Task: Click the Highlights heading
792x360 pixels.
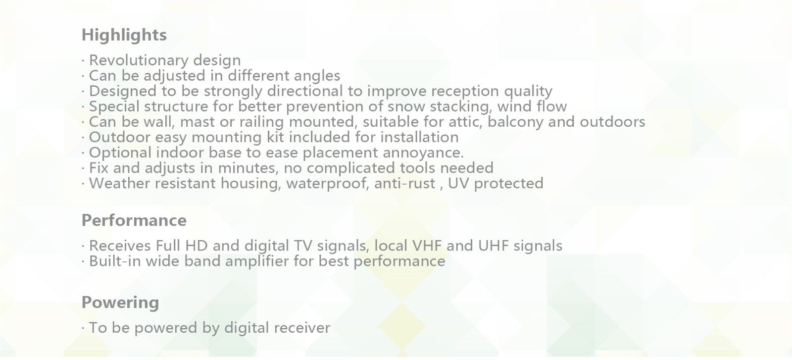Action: click(x=124, y=35)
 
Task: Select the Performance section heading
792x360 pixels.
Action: click(x=134, y=220)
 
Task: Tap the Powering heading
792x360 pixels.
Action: click(x=120, y=303)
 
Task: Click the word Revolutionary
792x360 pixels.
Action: click(x=139, y=60)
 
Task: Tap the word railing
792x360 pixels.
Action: click(x=262, y=122)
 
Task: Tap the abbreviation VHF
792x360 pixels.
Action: click(x=427, y=246)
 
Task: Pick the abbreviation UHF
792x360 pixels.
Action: click(x=493, y=246)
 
